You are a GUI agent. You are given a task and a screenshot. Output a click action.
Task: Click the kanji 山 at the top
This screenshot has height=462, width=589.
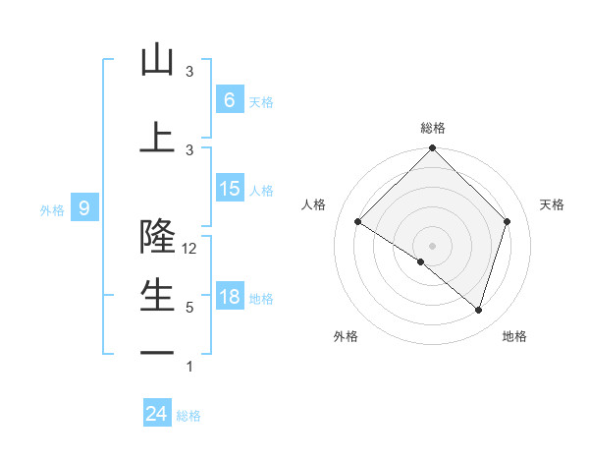[x=157, y=60]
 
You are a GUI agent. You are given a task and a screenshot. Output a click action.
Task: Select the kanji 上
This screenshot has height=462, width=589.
[x=157, y=138]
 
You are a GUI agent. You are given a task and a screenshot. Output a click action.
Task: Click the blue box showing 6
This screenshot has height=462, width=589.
[x=229, y=99]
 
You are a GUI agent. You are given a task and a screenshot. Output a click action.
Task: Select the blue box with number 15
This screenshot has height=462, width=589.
[x=229, y=189]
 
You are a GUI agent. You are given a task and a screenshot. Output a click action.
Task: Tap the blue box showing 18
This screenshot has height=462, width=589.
[x=229, y=297]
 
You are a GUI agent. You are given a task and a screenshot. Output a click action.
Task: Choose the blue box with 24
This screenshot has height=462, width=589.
[x=157, y=414]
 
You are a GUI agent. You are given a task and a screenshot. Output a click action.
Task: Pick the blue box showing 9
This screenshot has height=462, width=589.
[x=84, y=207]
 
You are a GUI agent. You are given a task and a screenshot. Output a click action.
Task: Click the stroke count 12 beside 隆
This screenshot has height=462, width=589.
[x=190, y=249]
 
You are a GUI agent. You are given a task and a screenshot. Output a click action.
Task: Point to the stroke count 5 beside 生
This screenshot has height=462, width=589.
[x=189, y=308]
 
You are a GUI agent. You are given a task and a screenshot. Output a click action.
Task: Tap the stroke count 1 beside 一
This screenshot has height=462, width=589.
[x=189, y=367]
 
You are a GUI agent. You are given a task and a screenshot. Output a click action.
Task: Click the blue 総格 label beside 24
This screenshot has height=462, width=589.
[x=189, y=416]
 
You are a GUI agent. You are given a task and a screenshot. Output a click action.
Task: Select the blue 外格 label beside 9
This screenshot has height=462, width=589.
[x=52, y=209]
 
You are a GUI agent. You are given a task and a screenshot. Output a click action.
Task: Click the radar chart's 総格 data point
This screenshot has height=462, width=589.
[x=432, y=148]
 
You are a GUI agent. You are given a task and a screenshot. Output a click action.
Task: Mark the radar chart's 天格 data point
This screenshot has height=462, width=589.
[x=508, y=221]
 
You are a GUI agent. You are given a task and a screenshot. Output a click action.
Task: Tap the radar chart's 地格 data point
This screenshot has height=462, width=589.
[x=479, y=311]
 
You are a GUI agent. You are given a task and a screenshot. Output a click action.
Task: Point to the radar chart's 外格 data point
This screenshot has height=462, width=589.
[x=421, y=262]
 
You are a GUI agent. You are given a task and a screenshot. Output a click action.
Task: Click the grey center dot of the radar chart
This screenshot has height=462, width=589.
[x=432, y=245]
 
